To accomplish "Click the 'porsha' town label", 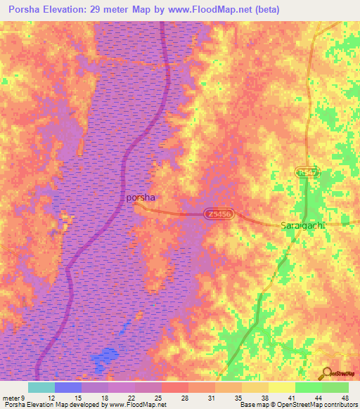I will coord(141,197).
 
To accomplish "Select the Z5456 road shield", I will coord(219,214).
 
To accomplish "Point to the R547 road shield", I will coord(304,172).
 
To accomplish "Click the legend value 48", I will coord(344,397).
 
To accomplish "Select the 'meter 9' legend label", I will coord(13,397).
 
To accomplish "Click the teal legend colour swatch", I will coord(41,387).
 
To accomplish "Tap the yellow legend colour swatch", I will coord(281,387).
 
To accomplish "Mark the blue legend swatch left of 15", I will coord(67,387).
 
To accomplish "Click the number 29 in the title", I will coord(113,10).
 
